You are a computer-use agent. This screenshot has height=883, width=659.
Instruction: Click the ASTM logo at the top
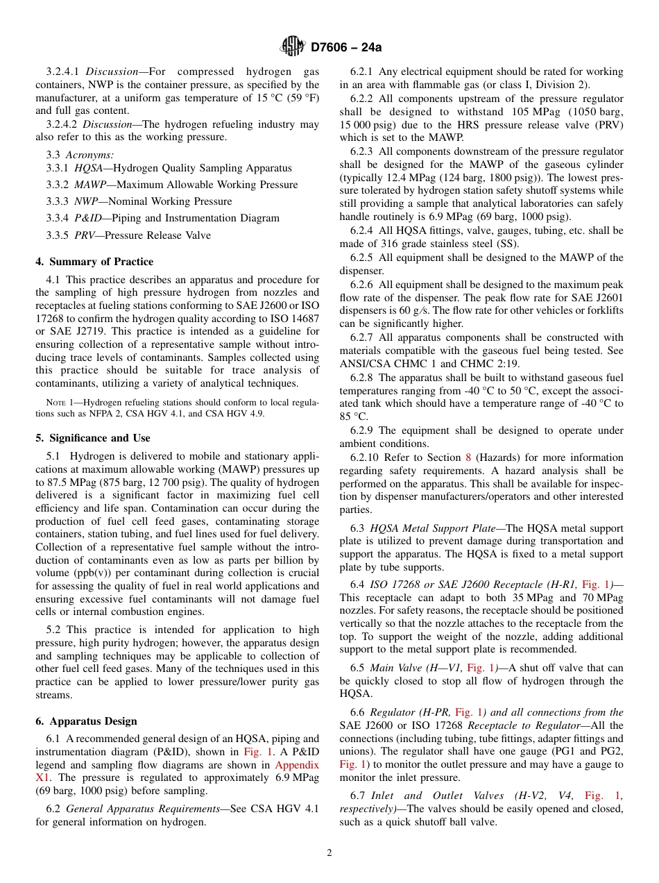(x=293, y=47)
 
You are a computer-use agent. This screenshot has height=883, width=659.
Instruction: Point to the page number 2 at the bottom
(x=329, y=853)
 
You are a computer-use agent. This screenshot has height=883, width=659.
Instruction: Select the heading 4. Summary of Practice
(x=94, y=262)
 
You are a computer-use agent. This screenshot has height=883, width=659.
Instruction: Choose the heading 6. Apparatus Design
(x=86, y=721)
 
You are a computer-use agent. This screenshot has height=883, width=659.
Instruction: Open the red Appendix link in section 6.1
(x=297, y=765)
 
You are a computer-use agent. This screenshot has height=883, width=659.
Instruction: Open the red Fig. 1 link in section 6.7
(x=603, y=796)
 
